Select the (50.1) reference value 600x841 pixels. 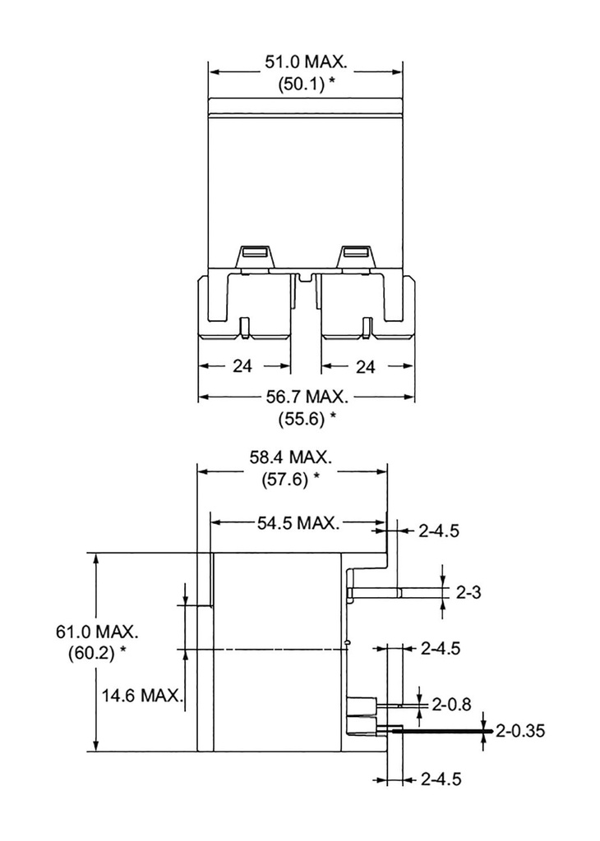click(298, 84)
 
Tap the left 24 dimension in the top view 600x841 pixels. click(242, 366)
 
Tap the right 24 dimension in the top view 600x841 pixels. click(367, 366)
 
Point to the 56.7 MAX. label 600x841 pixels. click(306, 398)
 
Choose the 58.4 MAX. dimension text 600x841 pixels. click(292, 457)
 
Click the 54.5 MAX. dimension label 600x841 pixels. click(298, 523)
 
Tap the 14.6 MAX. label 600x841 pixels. click(141, 696)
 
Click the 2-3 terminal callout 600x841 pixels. click(469, 591)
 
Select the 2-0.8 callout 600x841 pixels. click(452, 703)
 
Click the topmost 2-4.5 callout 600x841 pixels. click(439, 531)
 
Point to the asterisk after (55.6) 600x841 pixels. click(333, 416)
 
